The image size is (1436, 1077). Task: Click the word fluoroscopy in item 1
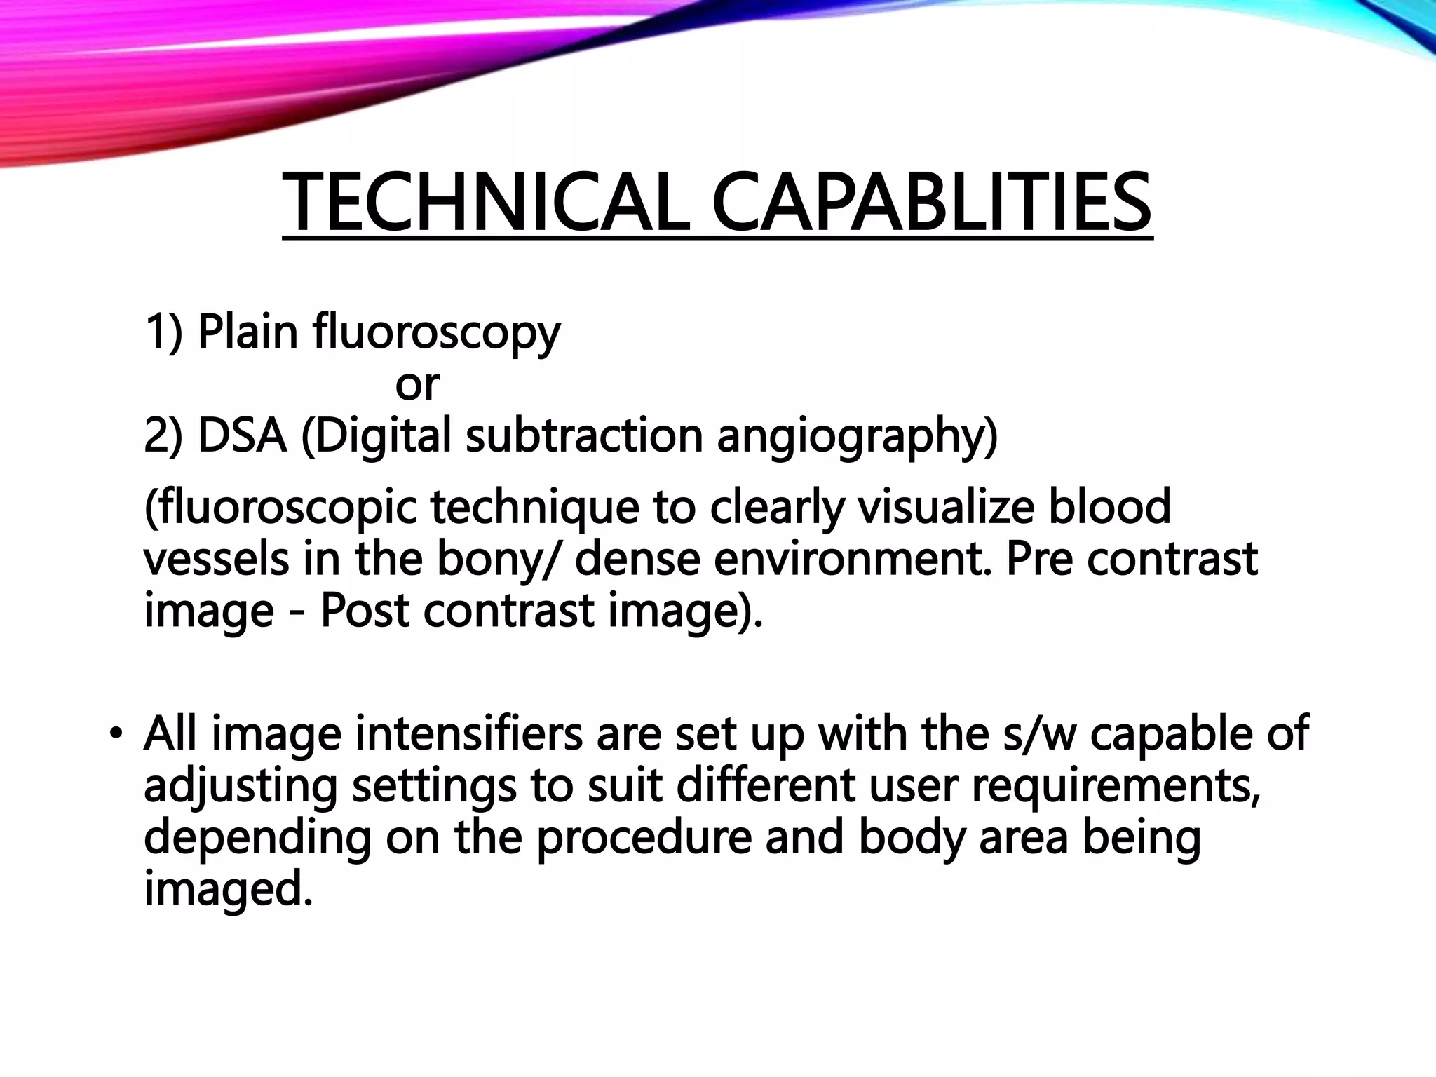pos(436,332)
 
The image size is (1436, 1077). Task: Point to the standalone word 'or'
pos(417,385)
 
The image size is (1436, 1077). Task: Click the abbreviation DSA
pos(243,435)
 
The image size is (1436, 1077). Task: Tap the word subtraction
pos(583,435)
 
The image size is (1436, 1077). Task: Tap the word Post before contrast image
pos(365,611)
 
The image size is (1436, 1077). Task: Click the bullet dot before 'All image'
pos(116,734)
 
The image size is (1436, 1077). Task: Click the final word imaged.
pos(228,890)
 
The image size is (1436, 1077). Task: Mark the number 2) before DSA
pos(163,435)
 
